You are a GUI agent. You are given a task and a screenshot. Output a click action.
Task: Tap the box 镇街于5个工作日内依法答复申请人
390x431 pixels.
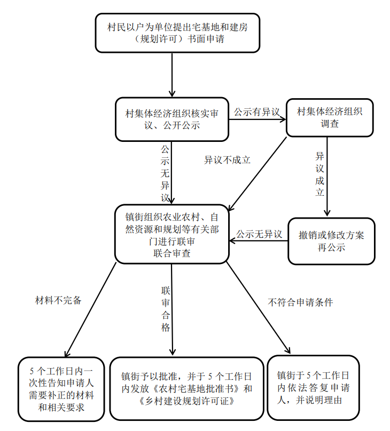pyautogui.click(x=313, y=388)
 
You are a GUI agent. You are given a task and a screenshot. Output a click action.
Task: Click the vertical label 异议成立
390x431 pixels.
pyautogui.click(x=319, y=174)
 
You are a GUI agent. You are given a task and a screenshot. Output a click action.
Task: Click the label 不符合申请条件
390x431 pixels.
pyautogui.click(x=300, y=302)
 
